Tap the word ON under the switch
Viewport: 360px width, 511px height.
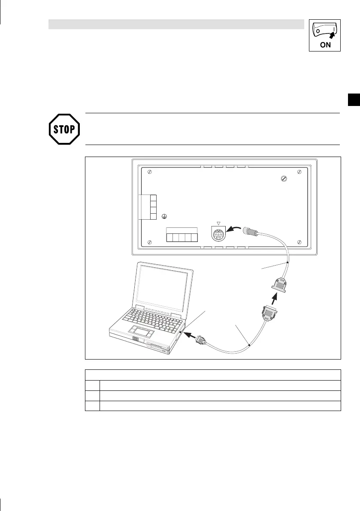(x=325, y=45)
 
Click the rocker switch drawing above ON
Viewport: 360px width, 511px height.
(x=325, y=30)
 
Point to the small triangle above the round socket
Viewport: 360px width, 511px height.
(x=219, y=224)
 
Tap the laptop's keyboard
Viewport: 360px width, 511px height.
(x=152, y=316)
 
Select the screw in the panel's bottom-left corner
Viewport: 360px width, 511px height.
(x=149, y=242)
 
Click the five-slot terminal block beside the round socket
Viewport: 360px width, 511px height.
(x=182, y=236)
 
